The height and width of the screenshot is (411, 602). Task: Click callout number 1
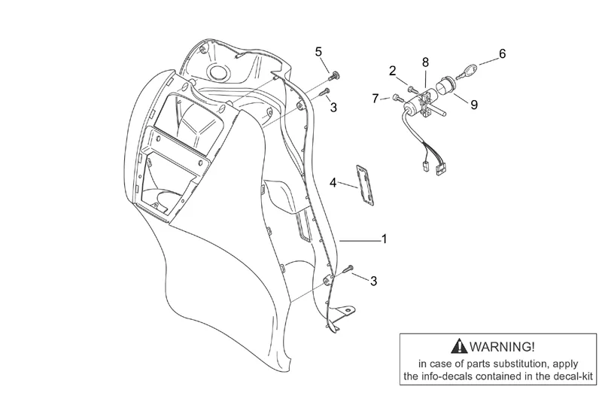[x=384, y=239]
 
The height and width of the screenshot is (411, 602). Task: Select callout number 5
[x=318, y=51]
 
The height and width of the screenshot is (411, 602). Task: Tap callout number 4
[x=333, y=183]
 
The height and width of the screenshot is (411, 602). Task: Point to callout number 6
[x=502, y=53]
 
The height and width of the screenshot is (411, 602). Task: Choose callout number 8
[x=425, y=62]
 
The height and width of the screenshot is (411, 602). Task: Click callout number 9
[x=474, y=105]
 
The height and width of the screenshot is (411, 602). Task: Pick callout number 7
[x=375, y=99]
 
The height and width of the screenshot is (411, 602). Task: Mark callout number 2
[x=392, y=71]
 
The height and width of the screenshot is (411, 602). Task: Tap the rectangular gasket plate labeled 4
[x=366, y=184]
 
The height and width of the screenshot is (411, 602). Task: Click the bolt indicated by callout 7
[x=398, y=98]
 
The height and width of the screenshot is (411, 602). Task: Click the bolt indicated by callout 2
[x=413, y=89]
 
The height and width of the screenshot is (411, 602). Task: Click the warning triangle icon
[x=459, y=346]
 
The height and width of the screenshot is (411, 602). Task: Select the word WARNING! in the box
[x=502, y=346]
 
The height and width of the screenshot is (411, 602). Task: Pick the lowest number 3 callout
[x=373, y=281]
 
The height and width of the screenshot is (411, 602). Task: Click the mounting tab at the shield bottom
[x=344, y=311]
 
